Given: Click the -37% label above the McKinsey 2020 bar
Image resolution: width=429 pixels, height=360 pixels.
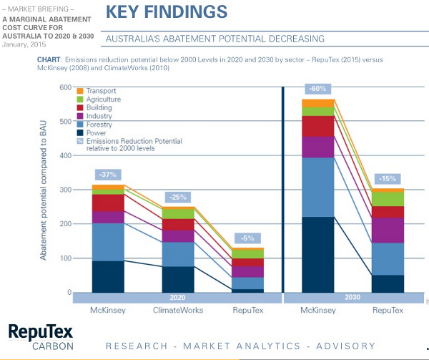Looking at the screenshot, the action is coord(108,175).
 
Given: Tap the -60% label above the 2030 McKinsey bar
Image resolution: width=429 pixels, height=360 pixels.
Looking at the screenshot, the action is coord(318,89).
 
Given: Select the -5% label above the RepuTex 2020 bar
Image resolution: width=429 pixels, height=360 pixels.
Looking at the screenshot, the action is coord(247,238).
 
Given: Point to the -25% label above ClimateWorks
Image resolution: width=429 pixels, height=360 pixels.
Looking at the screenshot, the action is coord(178,197).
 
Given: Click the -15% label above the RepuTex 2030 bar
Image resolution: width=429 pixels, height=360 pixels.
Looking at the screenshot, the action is coord(388,179).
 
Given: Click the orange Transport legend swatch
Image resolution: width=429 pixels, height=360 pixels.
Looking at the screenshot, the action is coord(80,91).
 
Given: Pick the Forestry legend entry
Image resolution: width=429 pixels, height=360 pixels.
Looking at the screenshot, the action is coord(95,125).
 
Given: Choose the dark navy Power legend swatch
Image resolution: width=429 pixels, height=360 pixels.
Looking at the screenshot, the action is coord(80,133).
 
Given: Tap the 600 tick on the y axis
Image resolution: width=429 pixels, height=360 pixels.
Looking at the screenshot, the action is coord(65,87).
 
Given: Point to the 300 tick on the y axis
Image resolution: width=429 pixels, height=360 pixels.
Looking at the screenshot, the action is coord(65,190).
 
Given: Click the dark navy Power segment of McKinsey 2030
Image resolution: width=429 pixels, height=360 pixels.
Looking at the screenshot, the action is coord(318,255).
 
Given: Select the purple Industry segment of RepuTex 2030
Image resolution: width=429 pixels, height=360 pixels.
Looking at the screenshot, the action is coord(388,230).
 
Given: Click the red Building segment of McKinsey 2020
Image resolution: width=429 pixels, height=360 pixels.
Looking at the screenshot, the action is coord(108,203).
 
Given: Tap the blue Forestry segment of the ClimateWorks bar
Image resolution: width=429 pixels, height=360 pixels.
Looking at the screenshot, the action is coord(178,254).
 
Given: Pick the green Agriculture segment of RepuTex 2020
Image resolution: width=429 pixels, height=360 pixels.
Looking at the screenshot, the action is coord(247,254).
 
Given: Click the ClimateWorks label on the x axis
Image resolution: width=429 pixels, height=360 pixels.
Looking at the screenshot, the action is coord(178,310).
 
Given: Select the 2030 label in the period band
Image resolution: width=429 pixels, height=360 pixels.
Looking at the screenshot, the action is coord(352,297).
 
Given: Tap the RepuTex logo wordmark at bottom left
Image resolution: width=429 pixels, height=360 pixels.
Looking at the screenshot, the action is coord(41,332).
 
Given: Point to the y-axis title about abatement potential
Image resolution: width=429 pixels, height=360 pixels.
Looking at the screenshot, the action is coord(43,190).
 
